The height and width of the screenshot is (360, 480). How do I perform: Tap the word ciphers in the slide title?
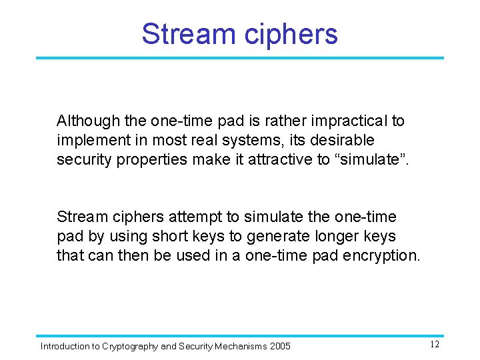pos(289,34)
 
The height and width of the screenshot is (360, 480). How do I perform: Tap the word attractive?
pos(279,160)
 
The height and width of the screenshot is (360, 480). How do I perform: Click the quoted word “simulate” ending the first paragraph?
pos(369,160)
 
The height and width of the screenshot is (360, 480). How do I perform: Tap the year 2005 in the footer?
pos(280,346)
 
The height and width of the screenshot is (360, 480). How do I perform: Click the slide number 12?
pos(434,345)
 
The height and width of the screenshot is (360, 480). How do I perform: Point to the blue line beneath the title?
pos(239,58)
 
